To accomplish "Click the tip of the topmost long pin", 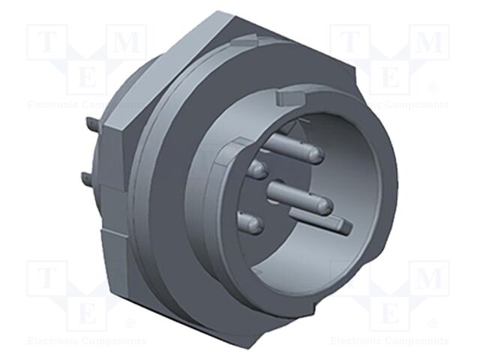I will [316, 154].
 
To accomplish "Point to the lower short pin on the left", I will [250, 223].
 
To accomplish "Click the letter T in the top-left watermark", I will [46, 43].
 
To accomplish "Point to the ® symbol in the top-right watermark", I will [433, 88].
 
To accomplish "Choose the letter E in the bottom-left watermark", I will [87, 309].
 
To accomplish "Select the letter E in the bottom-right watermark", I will [390, 309].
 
